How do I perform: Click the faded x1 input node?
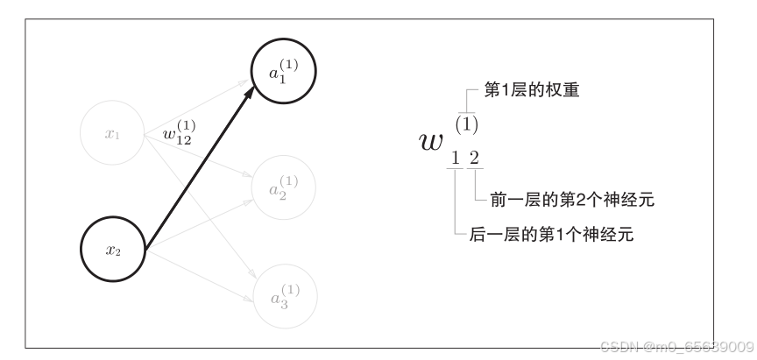112,134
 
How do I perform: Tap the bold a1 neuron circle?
284,74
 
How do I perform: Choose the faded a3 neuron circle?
284,296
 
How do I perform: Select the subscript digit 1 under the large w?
455,159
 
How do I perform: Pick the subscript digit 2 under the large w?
474,159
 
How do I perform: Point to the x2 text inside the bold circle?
112,251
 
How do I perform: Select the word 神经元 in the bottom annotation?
609,235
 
